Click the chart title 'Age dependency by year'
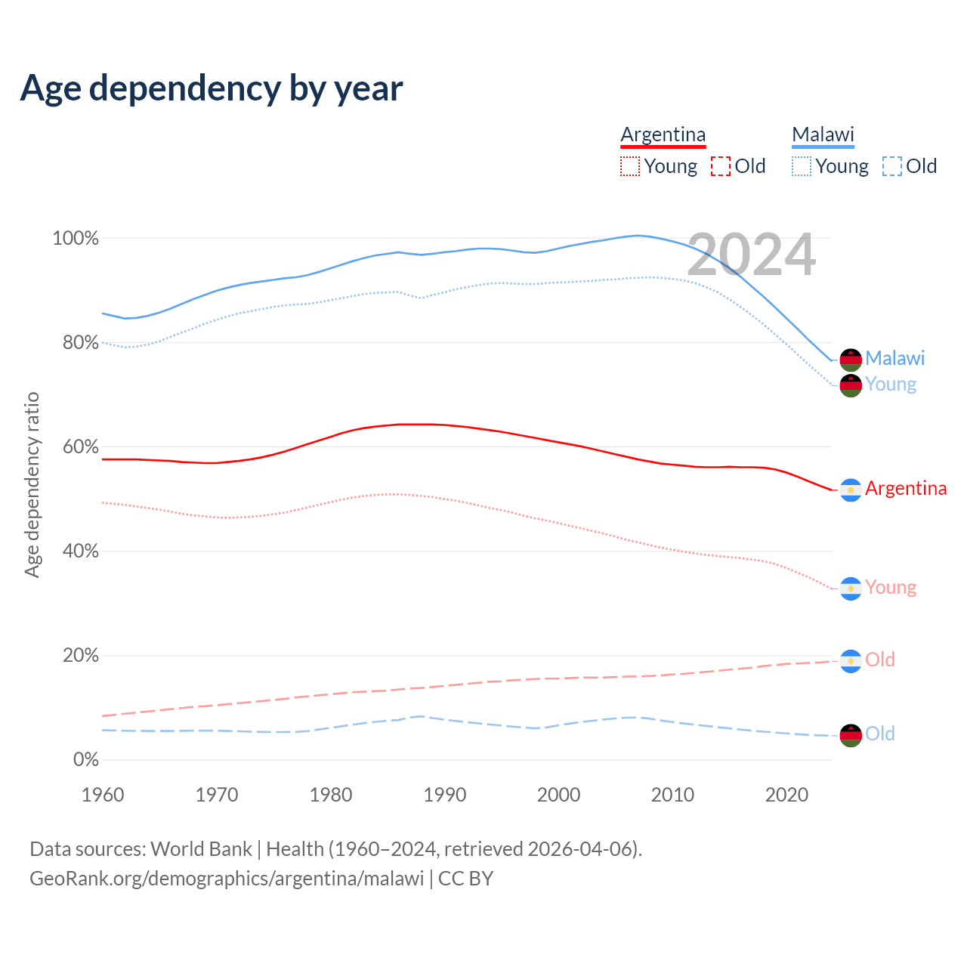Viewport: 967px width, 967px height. [212, 88]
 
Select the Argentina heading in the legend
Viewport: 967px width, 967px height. [663, 134]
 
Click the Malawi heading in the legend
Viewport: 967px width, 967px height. [823, 134]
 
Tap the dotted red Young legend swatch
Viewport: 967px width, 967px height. [629, 166]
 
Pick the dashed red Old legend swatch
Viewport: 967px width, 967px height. [721, 166]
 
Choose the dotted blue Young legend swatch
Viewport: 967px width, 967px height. [801, 166]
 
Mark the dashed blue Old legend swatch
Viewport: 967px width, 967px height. [892, 166]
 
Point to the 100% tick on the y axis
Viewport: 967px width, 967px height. [76, 239]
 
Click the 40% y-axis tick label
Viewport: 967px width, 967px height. [80, 551]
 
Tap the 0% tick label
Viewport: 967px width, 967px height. [85, 760]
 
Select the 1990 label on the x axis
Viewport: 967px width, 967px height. [445, 795]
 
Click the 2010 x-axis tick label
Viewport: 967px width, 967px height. [672, 795]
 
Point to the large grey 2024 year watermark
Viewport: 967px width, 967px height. [751, 255]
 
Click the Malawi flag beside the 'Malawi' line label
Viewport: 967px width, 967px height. [851, 360]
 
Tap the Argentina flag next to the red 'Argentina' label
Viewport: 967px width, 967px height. [851, 490]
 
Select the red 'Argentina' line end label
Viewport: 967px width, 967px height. [905, 489]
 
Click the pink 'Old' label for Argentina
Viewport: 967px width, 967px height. [879, 660]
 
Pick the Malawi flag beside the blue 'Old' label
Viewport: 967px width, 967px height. [851, 735]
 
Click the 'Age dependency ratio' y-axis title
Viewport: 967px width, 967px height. [32, 484]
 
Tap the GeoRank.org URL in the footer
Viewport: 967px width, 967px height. [227, 879]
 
